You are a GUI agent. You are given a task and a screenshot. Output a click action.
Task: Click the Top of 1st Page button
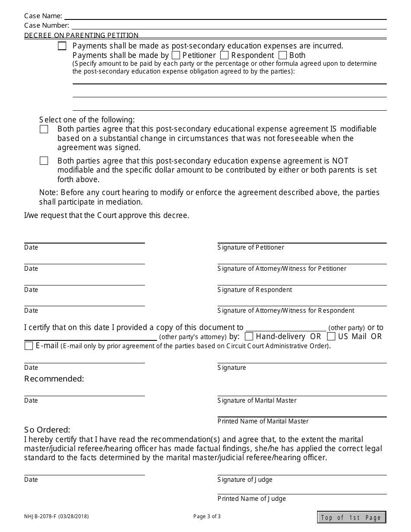[351, 517]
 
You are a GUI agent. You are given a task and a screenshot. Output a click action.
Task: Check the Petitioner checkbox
[176, 55]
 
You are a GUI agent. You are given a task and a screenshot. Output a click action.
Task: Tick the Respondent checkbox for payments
[224, 55]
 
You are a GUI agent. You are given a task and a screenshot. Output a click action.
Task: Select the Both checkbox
[283, 55]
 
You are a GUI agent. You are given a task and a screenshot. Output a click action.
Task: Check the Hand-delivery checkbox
[249, 337]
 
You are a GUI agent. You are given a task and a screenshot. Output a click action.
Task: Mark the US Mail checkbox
[331, 337]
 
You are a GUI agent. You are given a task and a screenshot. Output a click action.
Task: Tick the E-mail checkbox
[29, 346]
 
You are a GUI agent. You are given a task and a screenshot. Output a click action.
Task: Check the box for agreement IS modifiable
[44, 129]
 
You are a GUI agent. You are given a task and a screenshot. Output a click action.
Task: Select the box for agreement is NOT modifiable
[44, 161]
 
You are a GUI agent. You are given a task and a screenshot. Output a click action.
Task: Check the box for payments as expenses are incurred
[62, 46]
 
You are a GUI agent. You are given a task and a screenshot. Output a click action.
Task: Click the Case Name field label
[43, 16]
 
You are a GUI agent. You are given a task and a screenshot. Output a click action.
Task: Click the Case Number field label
[46, 26]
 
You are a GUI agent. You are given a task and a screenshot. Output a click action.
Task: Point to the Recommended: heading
[54, 379]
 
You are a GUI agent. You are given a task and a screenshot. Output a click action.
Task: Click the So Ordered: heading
[47, 430]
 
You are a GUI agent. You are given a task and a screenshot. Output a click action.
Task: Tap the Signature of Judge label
[245, 480]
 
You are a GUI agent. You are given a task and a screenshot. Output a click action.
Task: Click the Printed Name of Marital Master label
[263, 421]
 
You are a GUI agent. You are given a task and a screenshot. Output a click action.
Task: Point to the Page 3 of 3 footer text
[207, 516]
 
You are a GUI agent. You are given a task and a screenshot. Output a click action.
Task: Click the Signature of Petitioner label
[251, 247]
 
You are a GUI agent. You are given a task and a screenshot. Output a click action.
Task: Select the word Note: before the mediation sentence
[48, 192]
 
